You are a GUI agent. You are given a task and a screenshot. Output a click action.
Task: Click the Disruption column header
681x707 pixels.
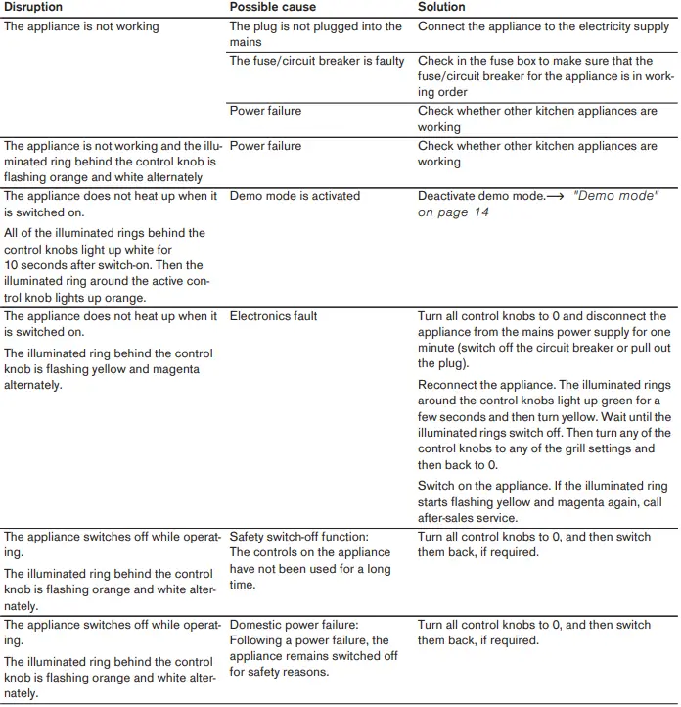(x=33, y=7)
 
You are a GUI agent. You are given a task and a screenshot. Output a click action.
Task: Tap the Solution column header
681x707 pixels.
(x=441, y=7)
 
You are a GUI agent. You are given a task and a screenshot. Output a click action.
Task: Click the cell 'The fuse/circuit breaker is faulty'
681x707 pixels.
(x=316, y=61)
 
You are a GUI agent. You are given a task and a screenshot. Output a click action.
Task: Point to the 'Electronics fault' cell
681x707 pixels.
(x=273, y=316)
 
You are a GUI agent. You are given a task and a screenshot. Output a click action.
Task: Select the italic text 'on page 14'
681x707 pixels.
(x=453, y=212)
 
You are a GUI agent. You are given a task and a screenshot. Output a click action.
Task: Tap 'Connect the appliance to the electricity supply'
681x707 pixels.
(x=544, y=26)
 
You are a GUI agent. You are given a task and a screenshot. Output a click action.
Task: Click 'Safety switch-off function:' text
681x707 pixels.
(x=298, y=537)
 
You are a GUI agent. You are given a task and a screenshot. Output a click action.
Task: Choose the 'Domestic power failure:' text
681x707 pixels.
(x=294, y=625)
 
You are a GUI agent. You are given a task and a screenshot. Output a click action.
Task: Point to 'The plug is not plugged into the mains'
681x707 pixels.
(x=315, y=34)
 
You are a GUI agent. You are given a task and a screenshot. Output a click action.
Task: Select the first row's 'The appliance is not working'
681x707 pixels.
(x=81, y=26)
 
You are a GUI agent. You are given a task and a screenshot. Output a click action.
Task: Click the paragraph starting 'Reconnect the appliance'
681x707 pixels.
(x=544, y=425)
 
